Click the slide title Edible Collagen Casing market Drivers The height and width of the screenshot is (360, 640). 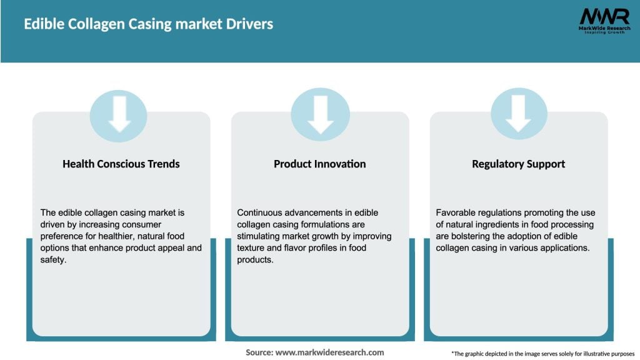click(148, 24)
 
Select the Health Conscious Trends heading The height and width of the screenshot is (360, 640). click(121, 164)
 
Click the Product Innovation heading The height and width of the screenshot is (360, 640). click(319, 164)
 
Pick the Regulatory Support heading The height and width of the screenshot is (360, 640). click(518, 164)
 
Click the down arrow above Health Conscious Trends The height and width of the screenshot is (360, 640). click(119, 115)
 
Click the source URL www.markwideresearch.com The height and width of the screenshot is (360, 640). click(329, 352)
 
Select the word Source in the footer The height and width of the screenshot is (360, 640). click(258, 352)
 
